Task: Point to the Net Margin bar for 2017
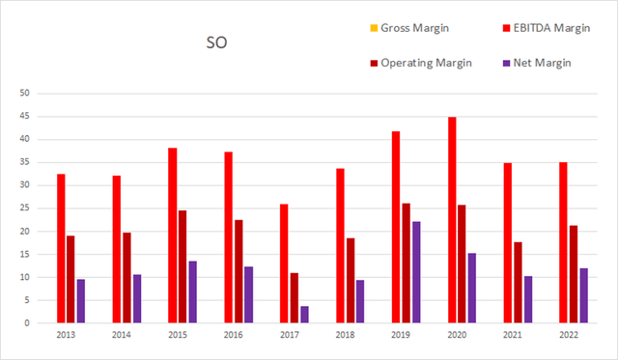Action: point(304,315)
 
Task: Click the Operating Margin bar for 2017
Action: point(295,297)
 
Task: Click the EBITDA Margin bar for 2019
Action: point(396,227)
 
